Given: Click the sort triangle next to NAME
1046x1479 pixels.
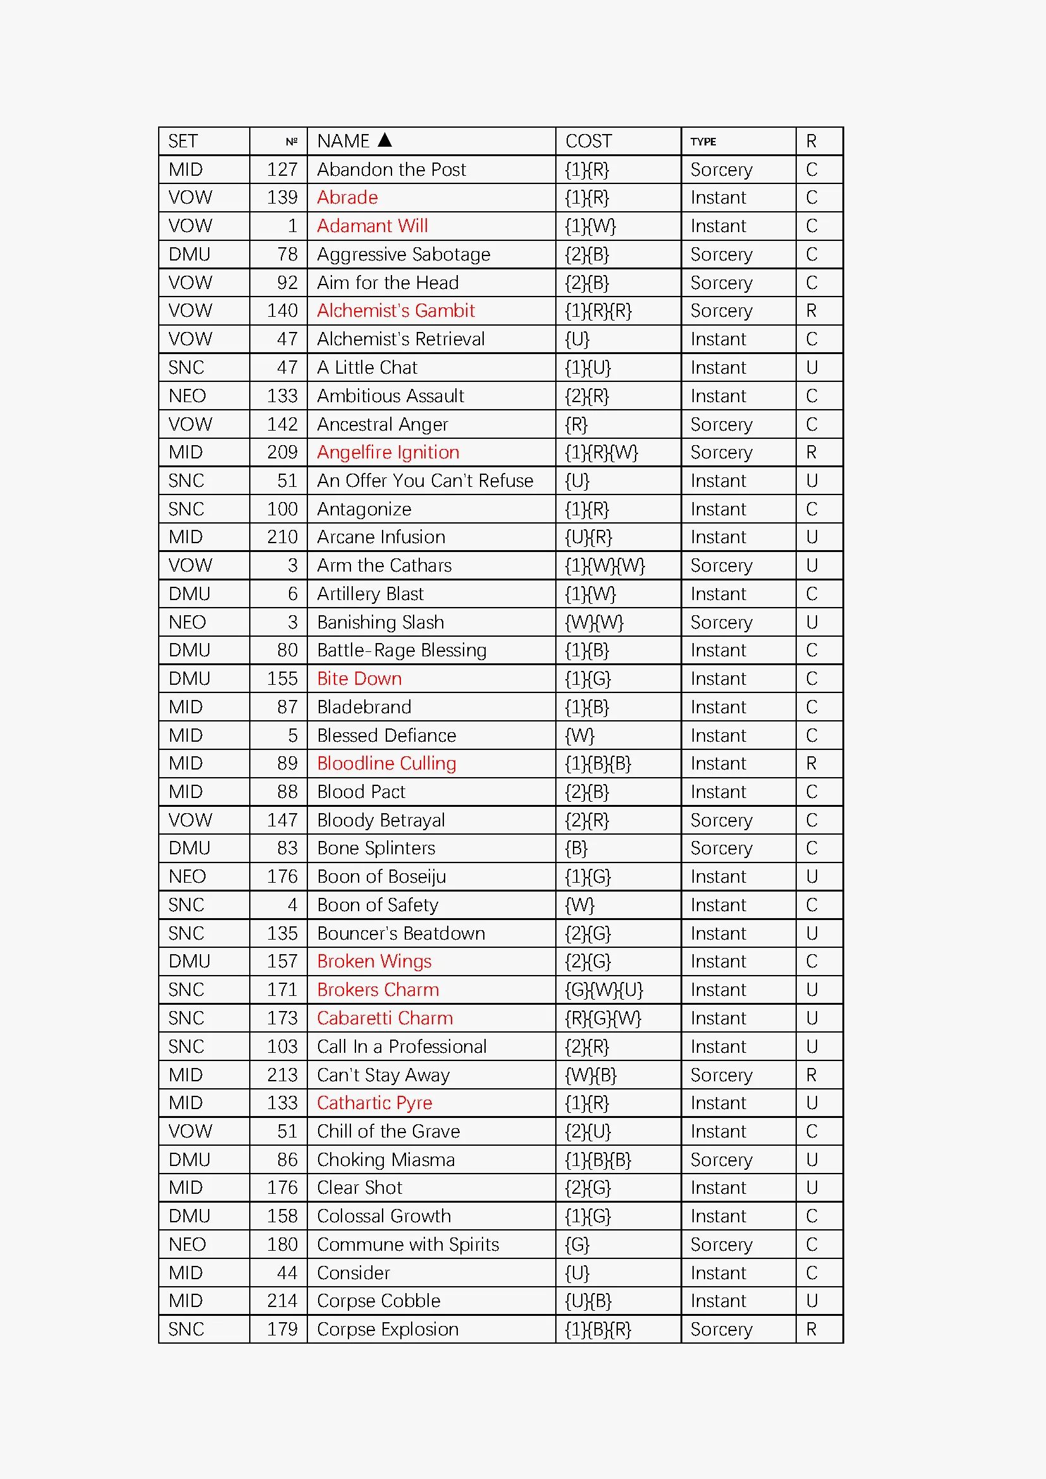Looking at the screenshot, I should point(385,140).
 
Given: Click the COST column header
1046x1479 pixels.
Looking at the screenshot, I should point(588,141).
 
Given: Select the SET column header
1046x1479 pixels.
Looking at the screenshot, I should point(183,141).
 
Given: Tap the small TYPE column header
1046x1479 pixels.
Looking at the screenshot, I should point(703,142).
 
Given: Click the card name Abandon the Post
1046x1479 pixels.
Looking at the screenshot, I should point(391,169).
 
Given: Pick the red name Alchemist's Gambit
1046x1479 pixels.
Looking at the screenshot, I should point(395,310).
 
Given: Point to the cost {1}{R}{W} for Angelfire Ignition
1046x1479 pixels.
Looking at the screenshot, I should point(601,452).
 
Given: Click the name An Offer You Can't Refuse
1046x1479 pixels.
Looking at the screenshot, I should point(425,481).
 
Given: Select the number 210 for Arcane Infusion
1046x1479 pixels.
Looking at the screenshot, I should point(282,537).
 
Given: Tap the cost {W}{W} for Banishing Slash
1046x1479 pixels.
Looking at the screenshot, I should point(594,622).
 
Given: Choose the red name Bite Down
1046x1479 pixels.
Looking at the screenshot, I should point(359,678).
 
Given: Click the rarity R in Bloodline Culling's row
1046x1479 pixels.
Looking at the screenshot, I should point(811,763).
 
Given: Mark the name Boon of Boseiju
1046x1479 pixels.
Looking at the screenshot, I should point(381,876).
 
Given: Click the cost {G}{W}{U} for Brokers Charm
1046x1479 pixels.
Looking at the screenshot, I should point(603,990).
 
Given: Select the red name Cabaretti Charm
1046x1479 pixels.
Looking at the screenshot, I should point(385,1018).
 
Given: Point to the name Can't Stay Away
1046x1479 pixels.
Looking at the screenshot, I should point(383,1074).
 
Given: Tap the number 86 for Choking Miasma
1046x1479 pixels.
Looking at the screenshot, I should point(287,1160).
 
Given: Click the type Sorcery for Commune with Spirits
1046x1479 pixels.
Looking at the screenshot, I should point(721,1244).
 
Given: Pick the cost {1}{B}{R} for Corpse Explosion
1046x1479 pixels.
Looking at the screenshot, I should point(598,1329).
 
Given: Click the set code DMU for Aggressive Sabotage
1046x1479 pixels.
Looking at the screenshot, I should point(189,254).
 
